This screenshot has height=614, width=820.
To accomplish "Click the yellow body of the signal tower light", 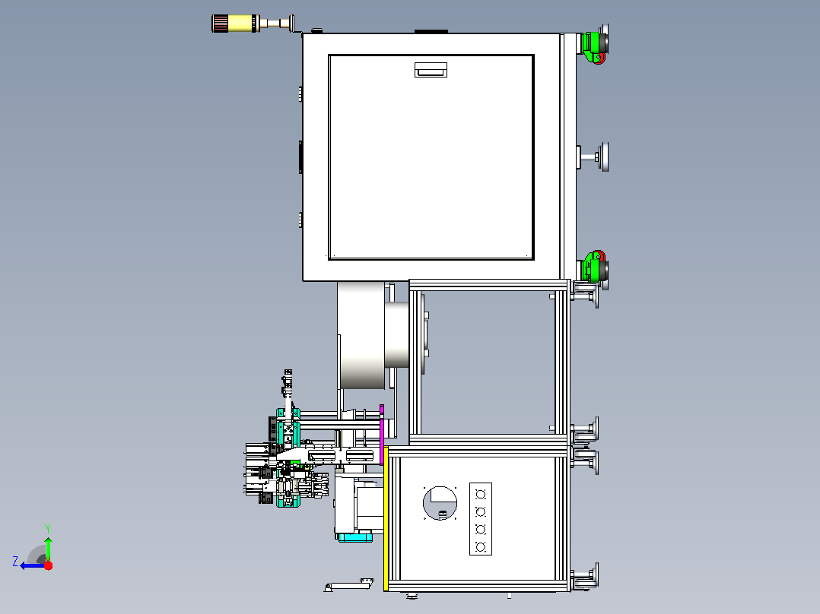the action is coord(240,23).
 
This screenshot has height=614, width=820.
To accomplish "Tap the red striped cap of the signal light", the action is coord(220,23).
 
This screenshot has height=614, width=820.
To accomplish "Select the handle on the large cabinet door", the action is coord(431,69).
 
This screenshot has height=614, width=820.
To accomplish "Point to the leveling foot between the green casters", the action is coord(593,157).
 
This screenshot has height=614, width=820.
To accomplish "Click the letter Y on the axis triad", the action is coord(48,528).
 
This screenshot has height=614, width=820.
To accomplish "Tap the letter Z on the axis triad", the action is coord(15,562).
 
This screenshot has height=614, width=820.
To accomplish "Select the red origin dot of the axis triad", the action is coord(48,565).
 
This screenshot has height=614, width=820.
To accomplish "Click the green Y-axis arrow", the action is coord(48,548).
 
